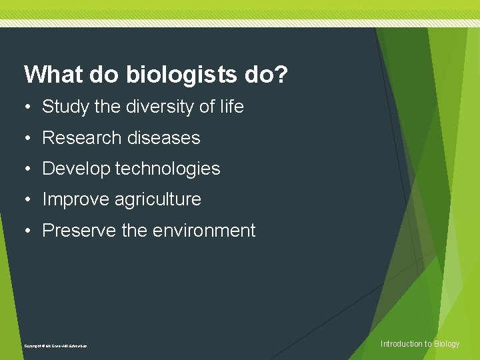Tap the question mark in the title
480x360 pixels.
click(x=281, y=75)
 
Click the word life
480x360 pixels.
click(x=230, y=107)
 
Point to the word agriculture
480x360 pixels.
click(x=158, y=199)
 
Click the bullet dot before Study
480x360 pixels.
click(x=27, y=107)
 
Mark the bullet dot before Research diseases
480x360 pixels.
click(x=27, y=138)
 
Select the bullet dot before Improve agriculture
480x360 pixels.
click(x=27, y=199)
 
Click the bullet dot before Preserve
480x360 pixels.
click(x=27, y=231)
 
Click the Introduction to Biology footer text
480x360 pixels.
click(x=419, y=344)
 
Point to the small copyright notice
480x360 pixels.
click(x=55, y=346)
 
